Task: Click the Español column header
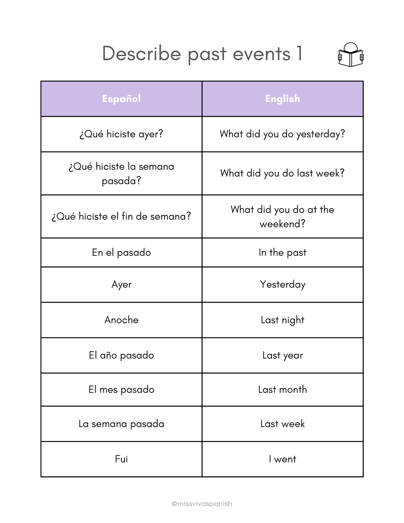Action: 121,99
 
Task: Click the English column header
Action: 282,99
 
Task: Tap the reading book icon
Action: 351,55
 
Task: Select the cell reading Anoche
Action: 121,320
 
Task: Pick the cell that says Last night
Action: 282,320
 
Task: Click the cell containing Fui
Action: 121,459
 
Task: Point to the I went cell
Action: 282,459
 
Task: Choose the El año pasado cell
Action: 121,355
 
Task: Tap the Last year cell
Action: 282,355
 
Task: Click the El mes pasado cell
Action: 121,389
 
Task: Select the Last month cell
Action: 282,389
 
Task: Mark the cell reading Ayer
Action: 121,285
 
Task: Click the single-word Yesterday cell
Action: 282,285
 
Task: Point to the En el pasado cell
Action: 121,252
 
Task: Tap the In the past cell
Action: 282,252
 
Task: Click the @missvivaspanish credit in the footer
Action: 202,504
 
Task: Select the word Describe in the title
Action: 141,53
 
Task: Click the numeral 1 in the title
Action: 299,53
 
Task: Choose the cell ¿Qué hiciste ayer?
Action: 121,134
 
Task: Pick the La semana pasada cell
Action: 121,424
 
